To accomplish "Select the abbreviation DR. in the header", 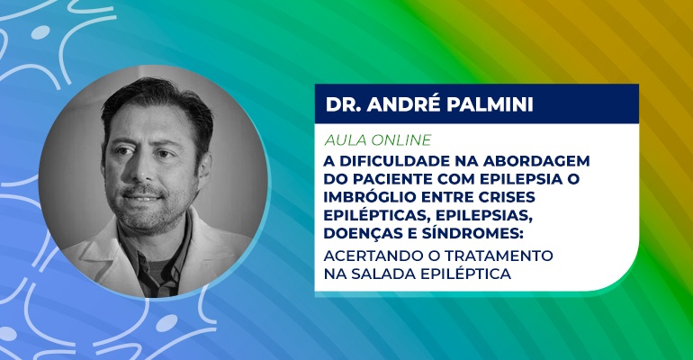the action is point(344,104).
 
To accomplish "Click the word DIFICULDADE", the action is point(388,161).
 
